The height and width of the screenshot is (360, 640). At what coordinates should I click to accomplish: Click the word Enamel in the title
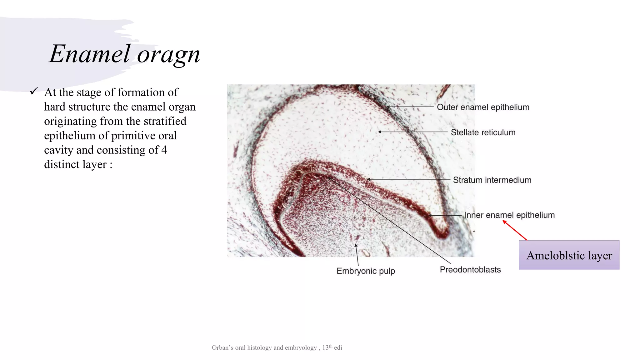[89, 54]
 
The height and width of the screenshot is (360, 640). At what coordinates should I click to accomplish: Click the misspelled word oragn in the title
[168, 55]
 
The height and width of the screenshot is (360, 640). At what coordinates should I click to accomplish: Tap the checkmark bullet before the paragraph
[34, 91]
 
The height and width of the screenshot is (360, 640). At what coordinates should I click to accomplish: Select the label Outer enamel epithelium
[483, 107]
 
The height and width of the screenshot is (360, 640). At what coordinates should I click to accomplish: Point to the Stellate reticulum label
[483, 132]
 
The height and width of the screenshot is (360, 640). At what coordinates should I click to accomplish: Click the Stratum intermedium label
[492, 180]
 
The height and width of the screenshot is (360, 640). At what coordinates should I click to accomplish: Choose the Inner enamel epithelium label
[509, 215]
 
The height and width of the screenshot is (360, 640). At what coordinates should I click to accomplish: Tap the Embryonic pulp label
[366, 271]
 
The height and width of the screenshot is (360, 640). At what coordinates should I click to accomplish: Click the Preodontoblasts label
[470, 270]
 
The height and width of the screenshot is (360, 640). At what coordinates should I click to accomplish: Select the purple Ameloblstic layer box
[569, 255]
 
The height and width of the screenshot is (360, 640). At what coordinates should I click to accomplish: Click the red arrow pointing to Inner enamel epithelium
[515, 230]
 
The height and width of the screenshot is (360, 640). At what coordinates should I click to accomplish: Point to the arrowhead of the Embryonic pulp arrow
[356, 246]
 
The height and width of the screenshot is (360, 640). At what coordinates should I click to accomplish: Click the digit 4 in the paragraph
[164, 150]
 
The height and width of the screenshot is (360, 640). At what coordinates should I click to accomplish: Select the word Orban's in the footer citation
[222, 348]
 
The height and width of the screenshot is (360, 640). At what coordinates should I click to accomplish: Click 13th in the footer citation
[327, 347]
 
